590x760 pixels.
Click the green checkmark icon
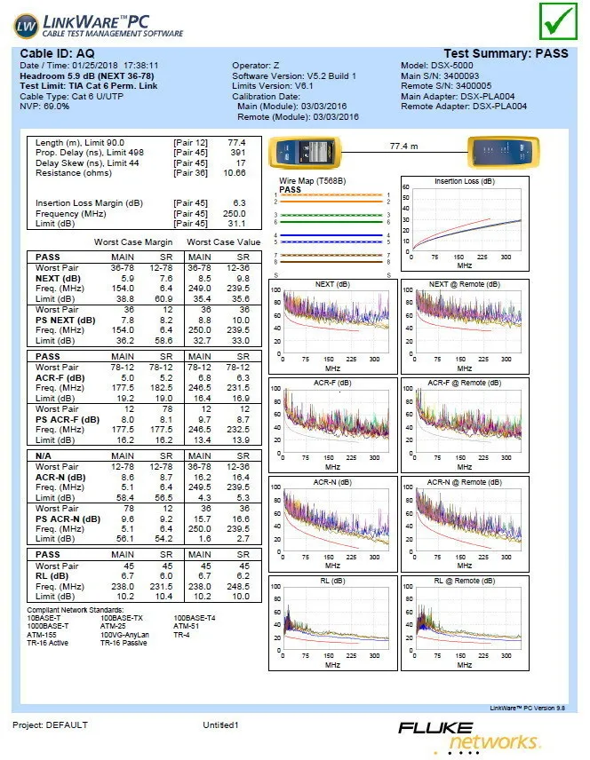(x=558, y=20)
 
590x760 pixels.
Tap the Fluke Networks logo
(x=469, y=735)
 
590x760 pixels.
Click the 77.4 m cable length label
(x=403, y=146)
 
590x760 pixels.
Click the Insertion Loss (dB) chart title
(x=465, y=181)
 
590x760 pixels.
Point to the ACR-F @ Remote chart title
(x=465, y=383)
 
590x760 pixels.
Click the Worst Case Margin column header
(x=133, y=242)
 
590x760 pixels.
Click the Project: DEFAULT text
(x=50, y=725)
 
